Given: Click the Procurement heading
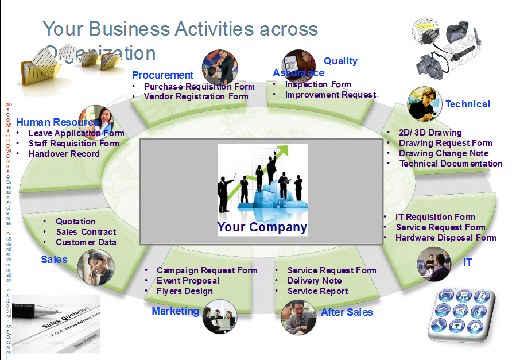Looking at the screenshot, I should click(162, 75).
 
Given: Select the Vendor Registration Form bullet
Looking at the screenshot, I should click(196, 96).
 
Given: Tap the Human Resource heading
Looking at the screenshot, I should click(57, 122).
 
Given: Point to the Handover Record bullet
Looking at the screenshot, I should click(64, 154).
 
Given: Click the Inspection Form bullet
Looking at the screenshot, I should click(317, 84).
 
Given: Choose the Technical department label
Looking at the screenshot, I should click(468, 104).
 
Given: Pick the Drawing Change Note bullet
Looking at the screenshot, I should click(444, 153).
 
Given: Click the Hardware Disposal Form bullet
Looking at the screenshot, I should click(445, 238).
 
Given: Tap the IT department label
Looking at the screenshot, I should click(468, 262).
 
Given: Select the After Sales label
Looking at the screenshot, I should click(347, 312).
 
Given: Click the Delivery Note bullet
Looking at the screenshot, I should click(315, 281).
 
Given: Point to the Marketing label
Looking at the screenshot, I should click(175, 311).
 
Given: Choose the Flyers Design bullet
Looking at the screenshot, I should click(184, 291).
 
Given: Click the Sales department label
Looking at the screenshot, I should click(54, 260).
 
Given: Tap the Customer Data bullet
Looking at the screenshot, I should click(86, 242).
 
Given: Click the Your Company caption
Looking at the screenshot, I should click(262, 227).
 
